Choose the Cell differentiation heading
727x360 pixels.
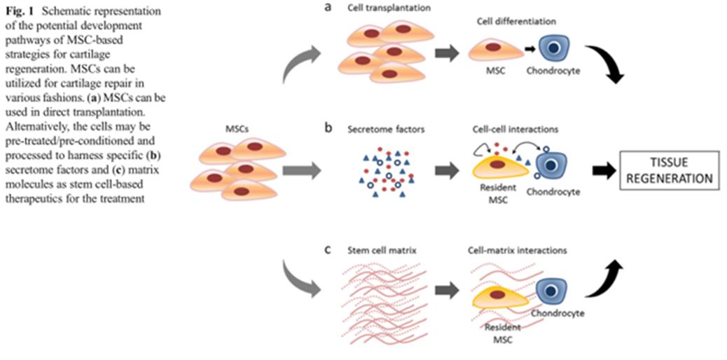click(x=511, y=21)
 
